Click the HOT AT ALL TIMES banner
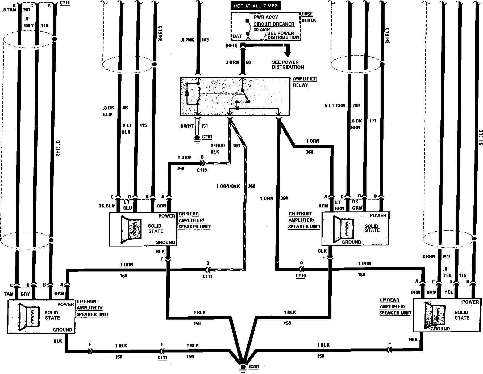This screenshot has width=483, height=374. pyautogui.click(x=256, y=6)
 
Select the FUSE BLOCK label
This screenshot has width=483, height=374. pyautogui.click(x=309, y=17)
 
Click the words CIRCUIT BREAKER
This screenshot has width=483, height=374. pyautogui.click(x=274, y=24)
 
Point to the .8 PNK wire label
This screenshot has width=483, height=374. pyautogui.click(x=187, y=40)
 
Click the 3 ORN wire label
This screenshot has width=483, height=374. pyautogui.click(x=232, y=62)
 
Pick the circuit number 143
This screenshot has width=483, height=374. pyautogui.click(x=205, y=40)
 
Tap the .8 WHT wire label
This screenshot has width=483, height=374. pyautogui.click(x=186, y=126)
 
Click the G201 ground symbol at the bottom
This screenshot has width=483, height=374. pyautogui.click(x=242, y=367)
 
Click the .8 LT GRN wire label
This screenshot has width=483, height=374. pyautogui.click(x=334, y=106)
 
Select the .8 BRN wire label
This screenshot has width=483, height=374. pyautogui.click(x=428, y=257)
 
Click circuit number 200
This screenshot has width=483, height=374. pyautogui.click(x=356, y=106)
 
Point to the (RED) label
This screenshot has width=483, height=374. pyautogui.click(x=231, y=46)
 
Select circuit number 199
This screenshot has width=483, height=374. pyautogui.click(x=447, y=257)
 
